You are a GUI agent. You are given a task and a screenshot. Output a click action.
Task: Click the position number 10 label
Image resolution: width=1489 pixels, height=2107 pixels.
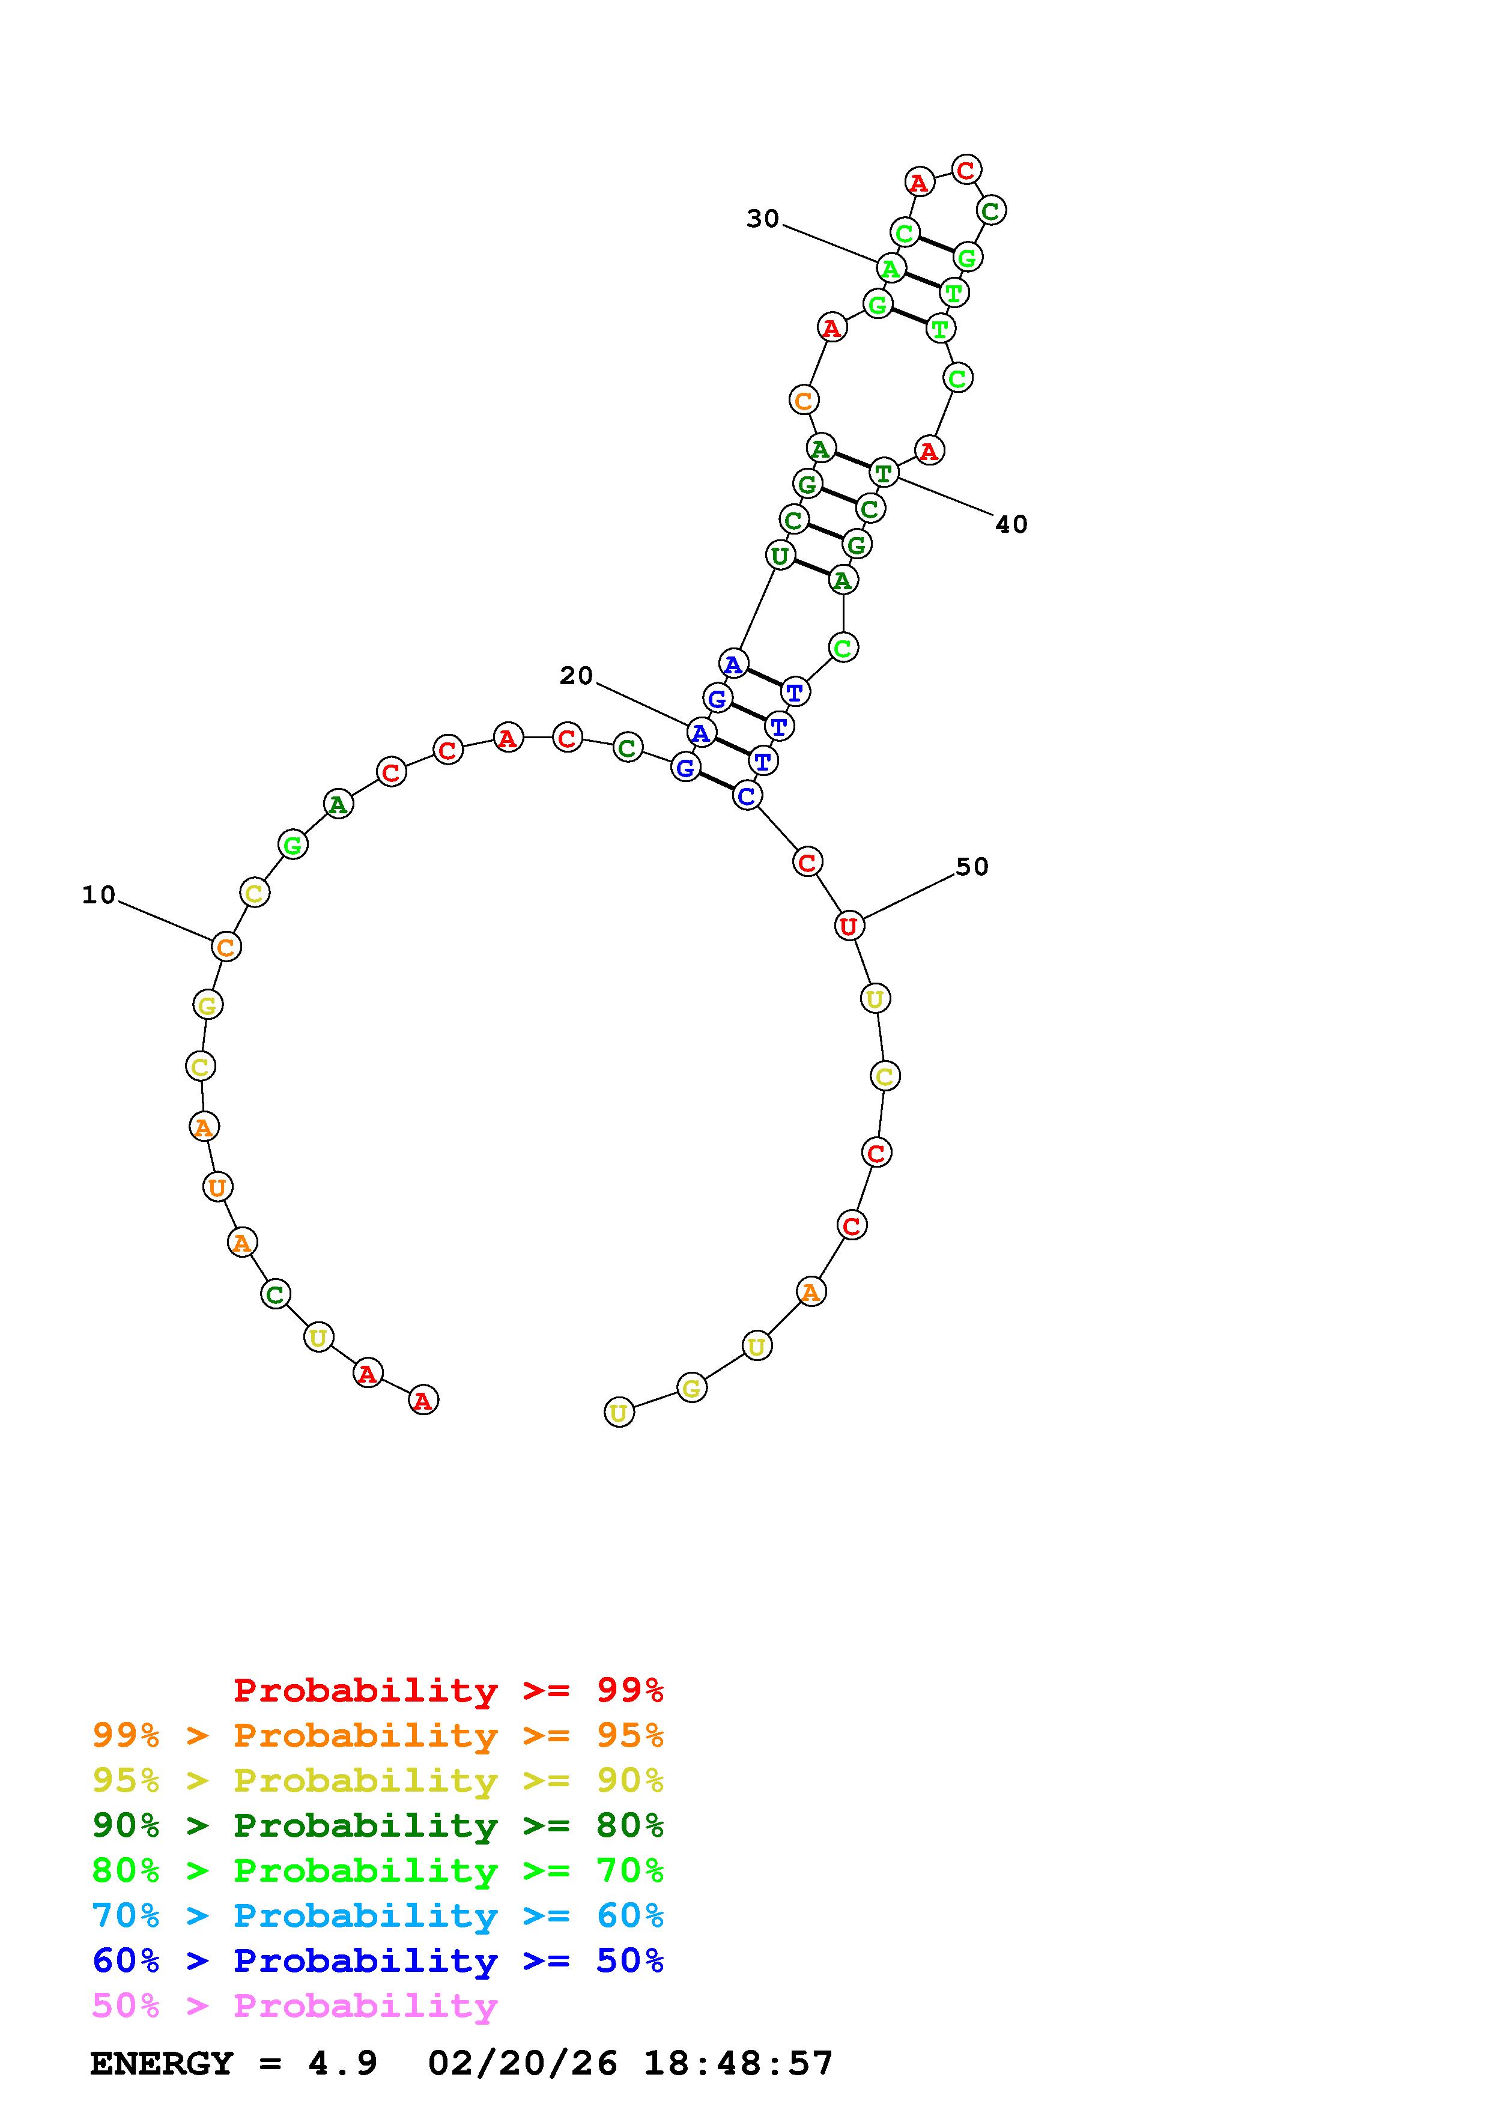coord(99,895)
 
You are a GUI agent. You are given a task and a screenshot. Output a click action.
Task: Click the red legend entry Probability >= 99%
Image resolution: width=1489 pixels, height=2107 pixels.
coord(449,1690)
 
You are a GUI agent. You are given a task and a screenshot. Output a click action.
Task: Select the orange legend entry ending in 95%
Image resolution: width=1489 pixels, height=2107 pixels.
coord(378,1735)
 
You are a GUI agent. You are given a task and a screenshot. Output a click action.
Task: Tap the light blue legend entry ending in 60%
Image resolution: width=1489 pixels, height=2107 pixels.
coord(378,1915)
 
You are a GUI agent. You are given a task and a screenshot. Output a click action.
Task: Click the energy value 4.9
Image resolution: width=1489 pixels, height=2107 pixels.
coord(343,2063)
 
